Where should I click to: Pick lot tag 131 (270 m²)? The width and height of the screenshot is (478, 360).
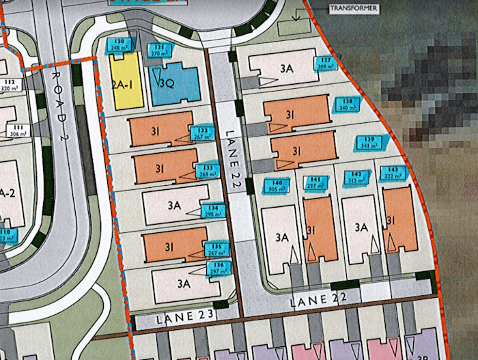point(159,50)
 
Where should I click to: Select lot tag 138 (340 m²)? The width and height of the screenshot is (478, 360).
point(347,104)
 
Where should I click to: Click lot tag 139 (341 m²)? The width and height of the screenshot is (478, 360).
point(371,142)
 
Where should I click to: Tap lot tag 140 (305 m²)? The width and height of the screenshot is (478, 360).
point(276,186)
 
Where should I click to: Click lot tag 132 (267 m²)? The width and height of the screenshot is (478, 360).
point(200,133)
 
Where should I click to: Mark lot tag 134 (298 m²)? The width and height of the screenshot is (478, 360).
point(213,210)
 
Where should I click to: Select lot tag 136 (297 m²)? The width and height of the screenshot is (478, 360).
point(219,268)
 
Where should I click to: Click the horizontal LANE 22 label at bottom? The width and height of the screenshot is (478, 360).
point(318,298)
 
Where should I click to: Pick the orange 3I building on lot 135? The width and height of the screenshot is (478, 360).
point(175,247)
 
